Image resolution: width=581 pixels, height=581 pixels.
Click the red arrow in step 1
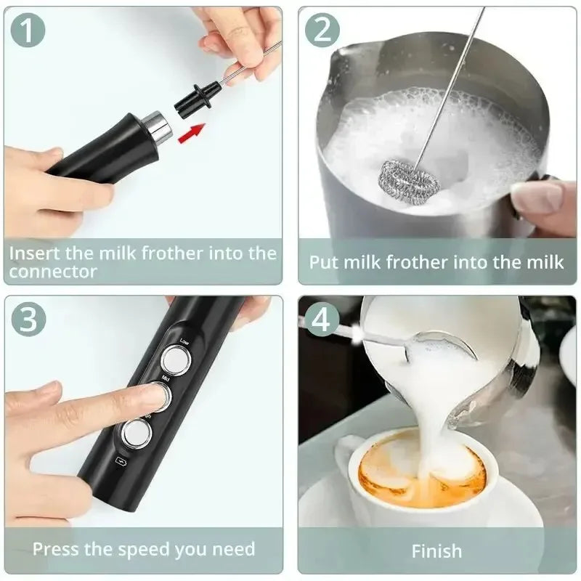point(192,131)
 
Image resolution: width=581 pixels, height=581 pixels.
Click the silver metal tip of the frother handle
point(156,126)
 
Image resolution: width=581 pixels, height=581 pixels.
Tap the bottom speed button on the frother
point(136,434)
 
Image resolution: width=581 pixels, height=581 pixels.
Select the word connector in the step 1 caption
point(54,272)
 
